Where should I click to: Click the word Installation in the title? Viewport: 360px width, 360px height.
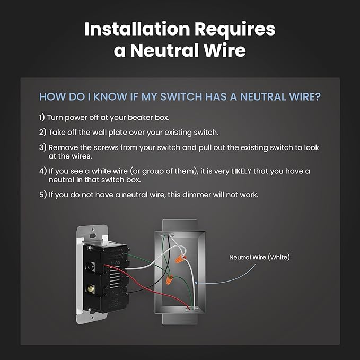tap(137, 29)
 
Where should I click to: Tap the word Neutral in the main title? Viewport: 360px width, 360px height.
tap(165, 50)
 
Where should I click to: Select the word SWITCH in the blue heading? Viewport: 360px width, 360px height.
tap(181, 96)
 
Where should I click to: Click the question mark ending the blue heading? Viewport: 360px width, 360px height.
tap(318, 96)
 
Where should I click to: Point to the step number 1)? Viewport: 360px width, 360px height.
tap(42, 117)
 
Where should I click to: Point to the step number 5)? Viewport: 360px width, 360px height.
tap(43, 195)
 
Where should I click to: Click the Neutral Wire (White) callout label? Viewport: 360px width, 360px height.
tap(259, 257)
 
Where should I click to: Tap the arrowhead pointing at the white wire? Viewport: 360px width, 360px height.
tap(196, 283)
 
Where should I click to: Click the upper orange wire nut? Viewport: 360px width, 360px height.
tap(180, 259)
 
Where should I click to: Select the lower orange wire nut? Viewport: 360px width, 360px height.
tap(170, 280)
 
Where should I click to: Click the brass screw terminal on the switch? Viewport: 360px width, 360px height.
tap(91, 288)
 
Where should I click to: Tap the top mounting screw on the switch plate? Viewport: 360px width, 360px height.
tap(93, 229)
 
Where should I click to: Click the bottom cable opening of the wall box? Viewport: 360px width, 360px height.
tap(192, 310)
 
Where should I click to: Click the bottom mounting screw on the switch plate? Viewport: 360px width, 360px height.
tap(92, 318)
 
